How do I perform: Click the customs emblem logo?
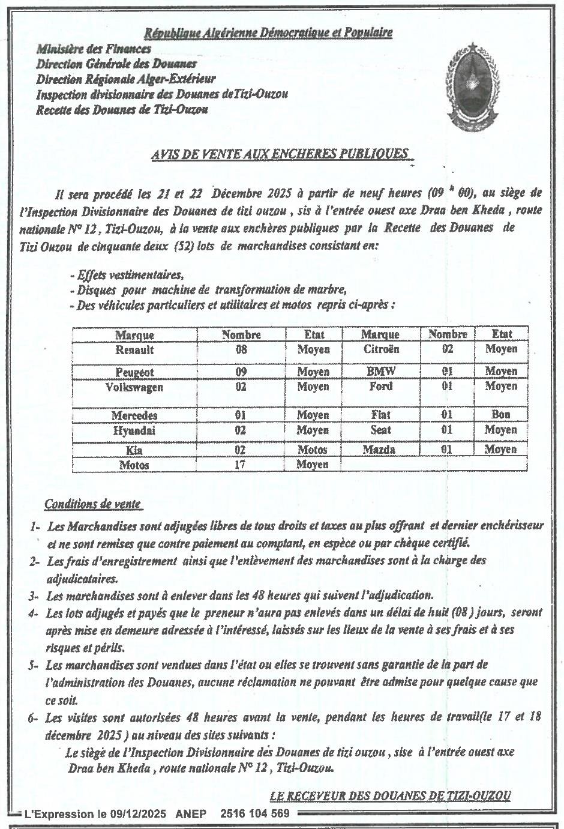[473, 87]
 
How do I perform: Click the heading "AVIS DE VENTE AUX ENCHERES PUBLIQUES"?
[281, 154]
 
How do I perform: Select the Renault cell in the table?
[134, 350]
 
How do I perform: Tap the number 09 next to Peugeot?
[241, 372]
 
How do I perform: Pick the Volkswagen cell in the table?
[134, 387]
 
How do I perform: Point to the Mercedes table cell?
[134, 415]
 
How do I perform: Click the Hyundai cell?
[134, 430]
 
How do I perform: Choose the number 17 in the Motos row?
[241, 465]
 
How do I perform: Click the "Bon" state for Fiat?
[500, 414]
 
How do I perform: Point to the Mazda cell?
[380, 449]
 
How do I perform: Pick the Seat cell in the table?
[380, 430]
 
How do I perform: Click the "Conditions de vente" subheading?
[94, 504]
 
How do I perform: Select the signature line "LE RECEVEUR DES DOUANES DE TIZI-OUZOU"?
[390, 796]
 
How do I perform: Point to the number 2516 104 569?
[255, 814]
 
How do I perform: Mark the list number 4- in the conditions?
[34, 613]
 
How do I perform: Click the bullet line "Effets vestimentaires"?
[127, 275]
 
